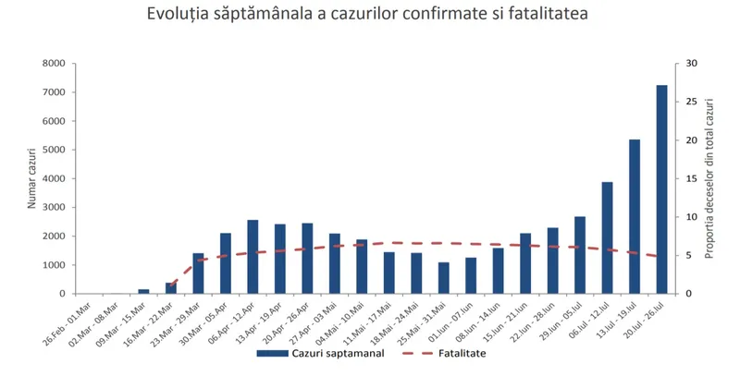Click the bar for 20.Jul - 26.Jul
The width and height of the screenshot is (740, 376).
click(x=661, y=189)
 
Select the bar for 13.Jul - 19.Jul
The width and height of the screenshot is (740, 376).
click(x=635, y=216)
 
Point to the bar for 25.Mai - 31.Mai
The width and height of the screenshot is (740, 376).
click(x=444, y=278)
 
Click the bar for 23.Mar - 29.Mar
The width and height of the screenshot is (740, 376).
click(x=198, y=273)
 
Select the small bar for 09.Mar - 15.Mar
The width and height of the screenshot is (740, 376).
click(x=143, y=291)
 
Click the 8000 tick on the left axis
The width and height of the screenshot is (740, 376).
click(x=53, y=64)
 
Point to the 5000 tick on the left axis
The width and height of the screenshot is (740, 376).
click(x=53, y=150)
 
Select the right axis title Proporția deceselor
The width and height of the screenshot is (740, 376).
click(x=710, y=178)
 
